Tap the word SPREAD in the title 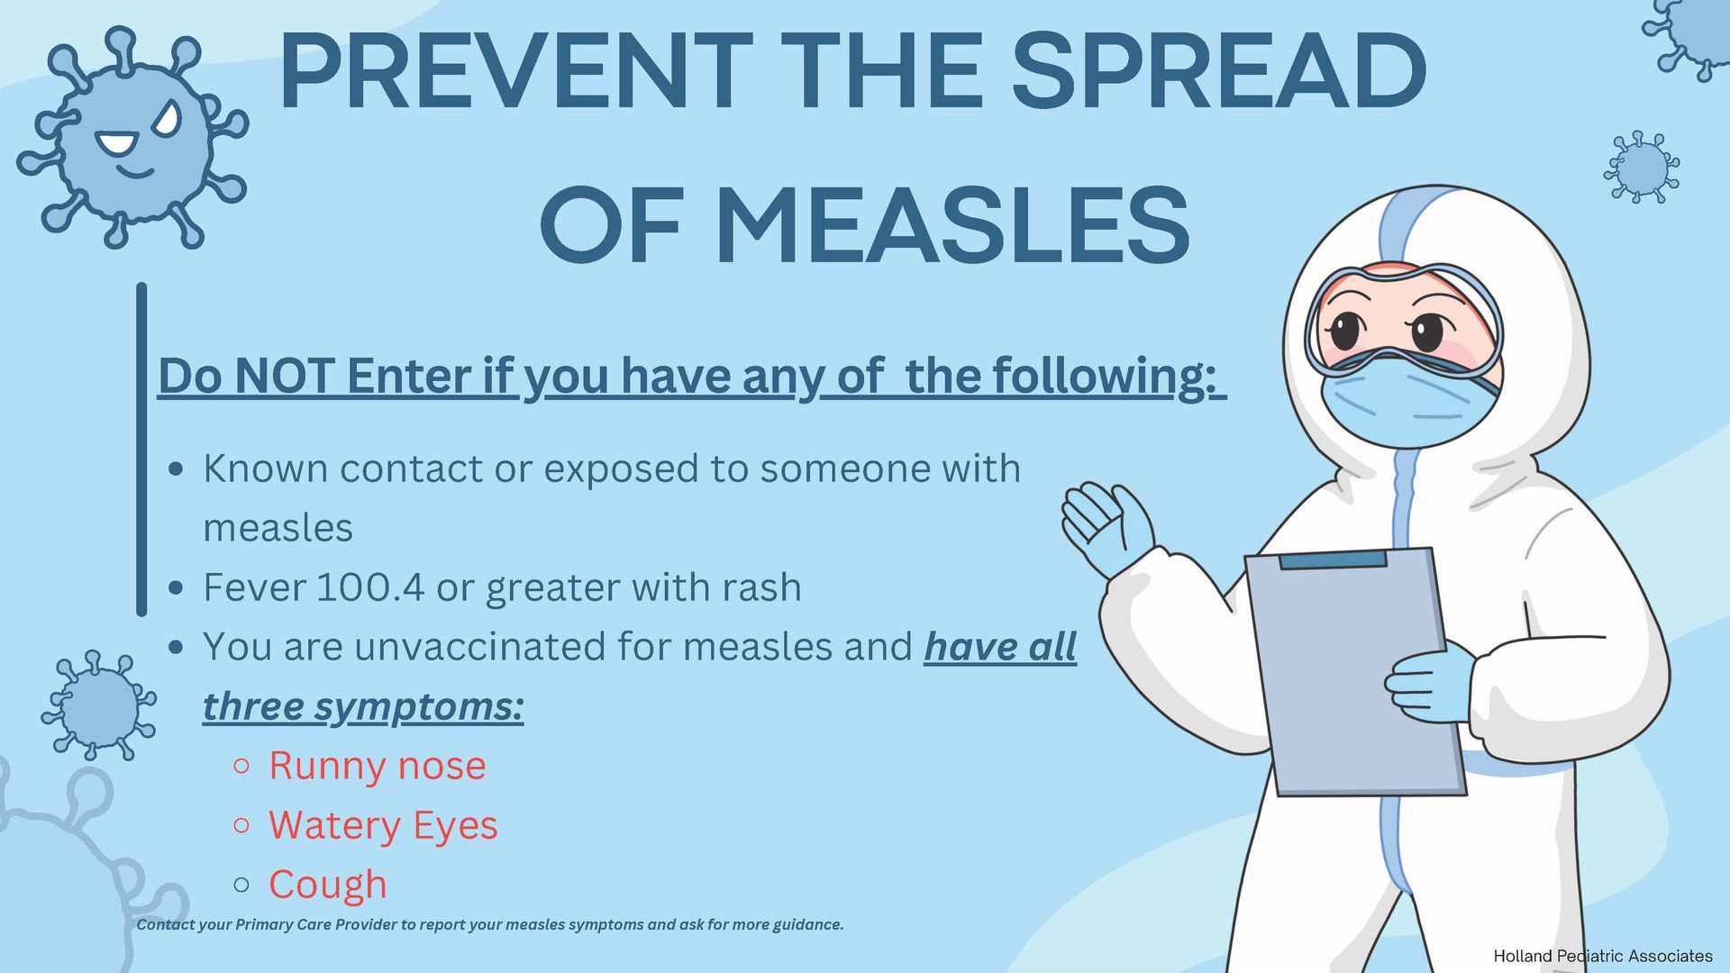click(x=1219, y=70)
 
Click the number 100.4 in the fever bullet click(x=370, y=587)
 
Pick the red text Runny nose click(x=378, y=766)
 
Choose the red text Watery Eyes click(x=383, y=826)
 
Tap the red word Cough click(x=328, y=885)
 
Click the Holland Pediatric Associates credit click(x=1603, y=956)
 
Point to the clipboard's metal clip click(x=1333, y=559)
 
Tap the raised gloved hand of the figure click(x=1106, y=528)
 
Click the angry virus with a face click(x=132, y=137)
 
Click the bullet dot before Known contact click(x=177, y=469)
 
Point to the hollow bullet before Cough click(x=241, y=885)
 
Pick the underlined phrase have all click(x=1000, y=647)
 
